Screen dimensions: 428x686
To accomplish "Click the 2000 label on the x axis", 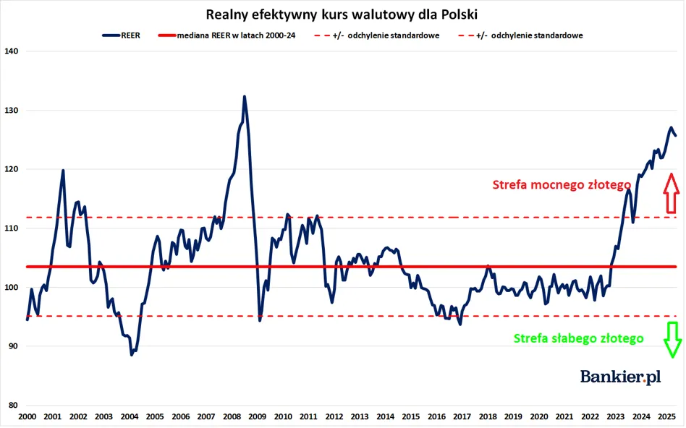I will pos(27,417).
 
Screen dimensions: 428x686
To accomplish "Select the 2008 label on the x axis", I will pos(232,417).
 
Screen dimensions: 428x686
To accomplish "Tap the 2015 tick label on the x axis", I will pos(410,417).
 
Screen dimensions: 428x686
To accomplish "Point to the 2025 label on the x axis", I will pos(666,417).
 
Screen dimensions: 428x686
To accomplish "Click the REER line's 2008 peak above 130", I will pos(244,96).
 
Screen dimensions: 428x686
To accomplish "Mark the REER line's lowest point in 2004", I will pos(132,354).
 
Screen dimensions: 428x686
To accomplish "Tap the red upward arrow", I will pos(671,193).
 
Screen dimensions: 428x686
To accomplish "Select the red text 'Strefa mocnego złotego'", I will pos(562,185).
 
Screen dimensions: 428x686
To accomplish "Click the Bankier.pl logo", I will pos(620,377).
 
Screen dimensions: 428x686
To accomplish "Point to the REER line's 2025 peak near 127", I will pos(671,128).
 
